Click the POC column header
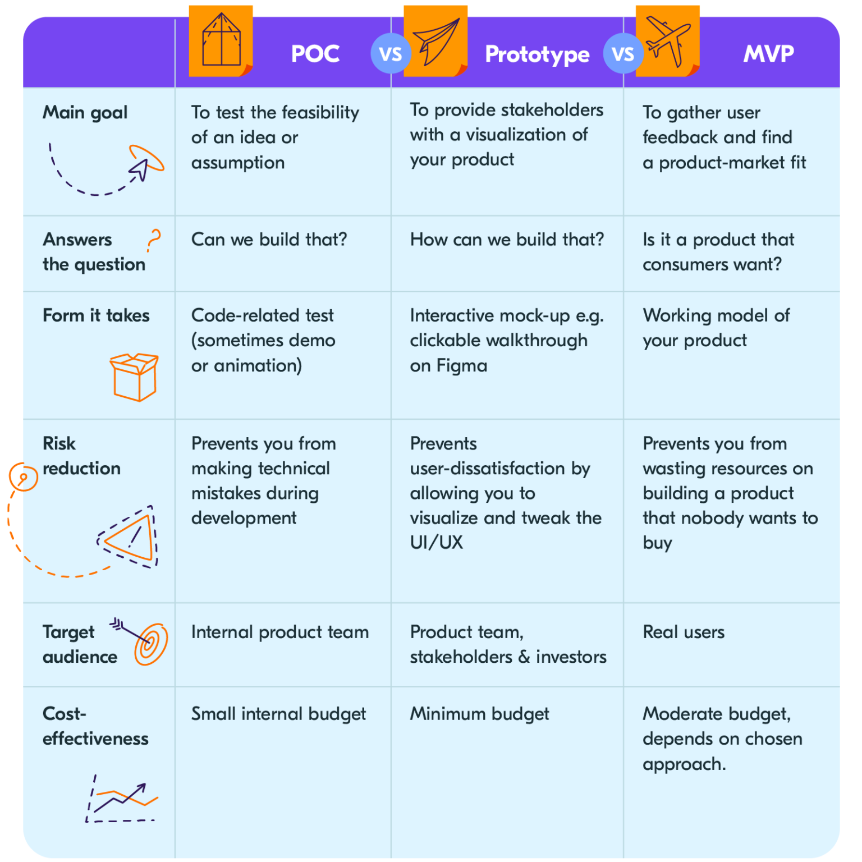tap(315, 54)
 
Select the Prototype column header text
tap(537, 55)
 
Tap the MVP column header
tap(768, 54)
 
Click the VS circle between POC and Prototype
tap(391, 54)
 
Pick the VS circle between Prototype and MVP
tap(623, 54)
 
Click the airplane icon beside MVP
tap(667, 40)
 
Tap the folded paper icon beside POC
tap(221, 40)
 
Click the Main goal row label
tap(85, 113)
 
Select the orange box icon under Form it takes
tap(134, 377)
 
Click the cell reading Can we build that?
tap(269, 240)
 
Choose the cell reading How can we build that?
tap(507, 240)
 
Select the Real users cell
tap(684, 632)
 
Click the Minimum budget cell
tap(479, 714)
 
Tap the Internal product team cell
tap(280, 632)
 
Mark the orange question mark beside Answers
tap(154, 240)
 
